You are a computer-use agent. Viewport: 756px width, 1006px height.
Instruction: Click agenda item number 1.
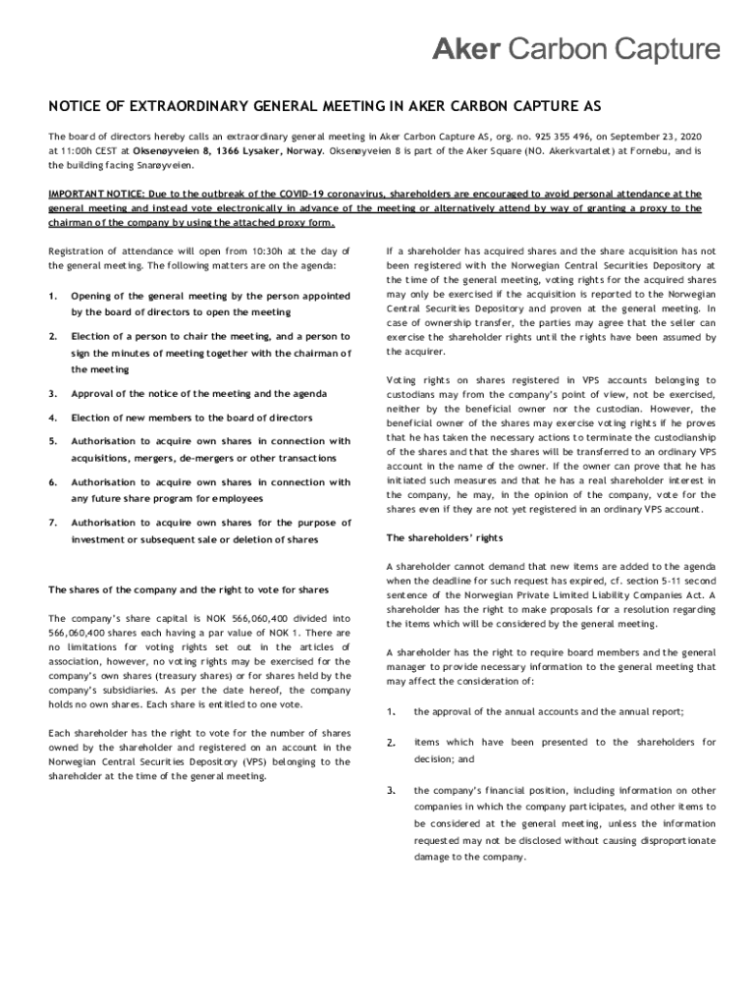(53, 296)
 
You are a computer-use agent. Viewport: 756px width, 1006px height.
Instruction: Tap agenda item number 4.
(53, 418)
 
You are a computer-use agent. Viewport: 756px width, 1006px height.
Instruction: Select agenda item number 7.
(53, 524)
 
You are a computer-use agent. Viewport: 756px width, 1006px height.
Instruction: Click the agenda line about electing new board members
(192, 418)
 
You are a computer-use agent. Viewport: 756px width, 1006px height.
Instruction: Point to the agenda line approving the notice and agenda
(189, 394)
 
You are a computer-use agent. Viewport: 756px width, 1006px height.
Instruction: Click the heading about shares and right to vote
(189, 589)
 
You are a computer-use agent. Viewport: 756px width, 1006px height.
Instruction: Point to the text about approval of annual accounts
(549, 710)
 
